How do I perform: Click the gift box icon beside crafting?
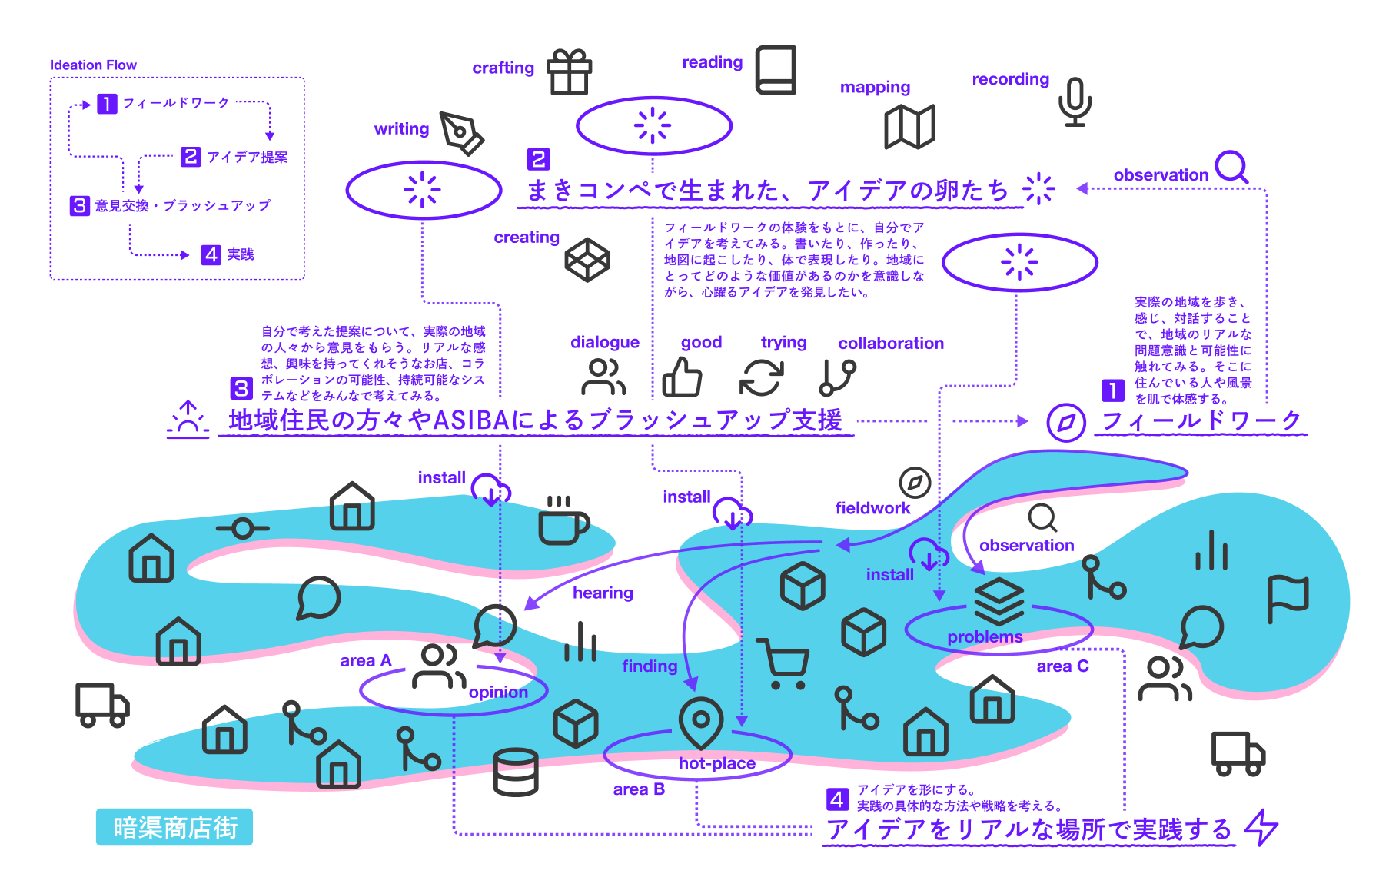(x=569, y=71)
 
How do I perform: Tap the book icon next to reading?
(x=775, y=70)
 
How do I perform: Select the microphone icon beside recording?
(x=1075, y=101)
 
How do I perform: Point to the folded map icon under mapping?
(x=909, y=126)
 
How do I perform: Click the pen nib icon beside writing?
(x=460, y=132)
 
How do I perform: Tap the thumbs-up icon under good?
(x=682, y=377)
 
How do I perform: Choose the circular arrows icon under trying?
(x=761, y=377)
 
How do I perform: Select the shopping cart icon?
(x=783, y=663)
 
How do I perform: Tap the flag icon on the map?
(x=1288, y=597)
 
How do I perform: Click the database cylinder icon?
(x=516, y=772)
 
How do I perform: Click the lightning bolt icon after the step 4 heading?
(x=1261, y=827)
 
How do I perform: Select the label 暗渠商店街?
(x=174, y=827)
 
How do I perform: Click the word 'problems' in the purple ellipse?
(x=985, y=637)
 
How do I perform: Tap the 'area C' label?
(x=1062, y=666)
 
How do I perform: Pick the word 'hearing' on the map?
(x=603, y=593)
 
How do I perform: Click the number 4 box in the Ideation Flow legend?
(x=211, y=254)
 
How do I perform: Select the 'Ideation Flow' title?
(x=93, y=65)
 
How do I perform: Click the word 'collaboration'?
(x=890, y=344)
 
